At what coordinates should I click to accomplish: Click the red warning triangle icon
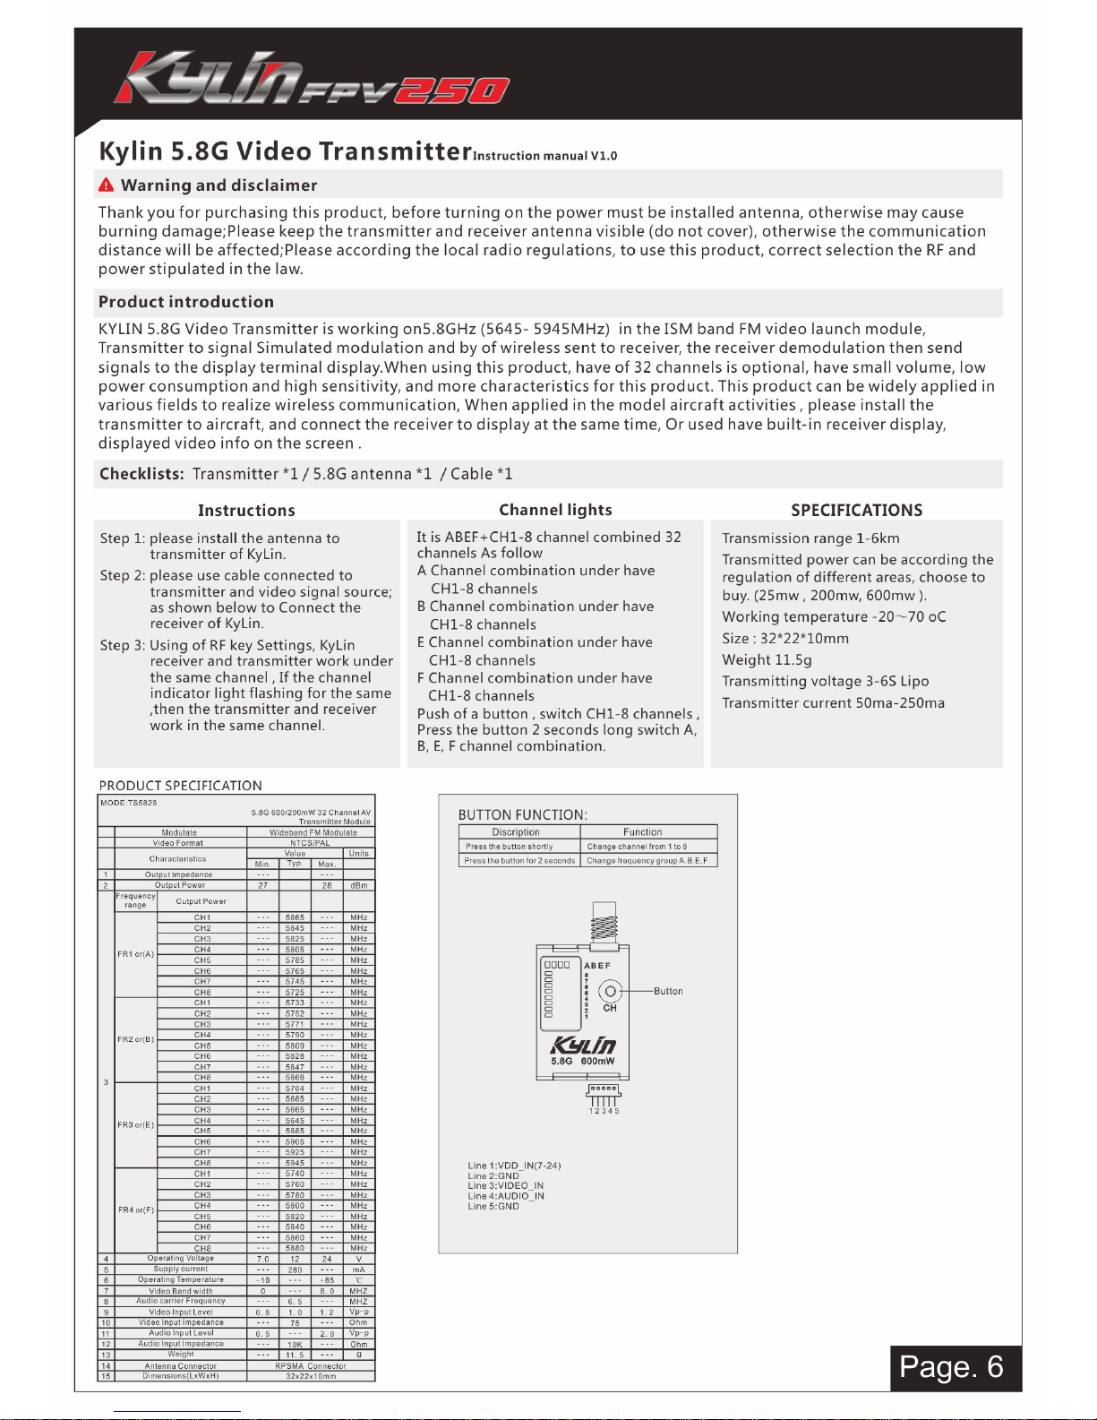[x=107, y=185]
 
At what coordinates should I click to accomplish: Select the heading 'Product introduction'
[x=186, y=302]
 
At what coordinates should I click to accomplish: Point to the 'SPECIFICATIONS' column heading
[x=856, y=511]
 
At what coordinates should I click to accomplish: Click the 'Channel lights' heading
[x=555, y=510]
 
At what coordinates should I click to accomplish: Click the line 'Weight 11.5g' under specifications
[x=767, y=660]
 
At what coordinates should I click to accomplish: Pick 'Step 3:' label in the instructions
[x=123, y=645]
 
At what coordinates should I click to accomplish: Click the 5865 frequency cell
[x=295, y=917]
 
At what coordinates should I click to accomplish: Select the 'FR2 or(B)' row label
[x=136, y=1039]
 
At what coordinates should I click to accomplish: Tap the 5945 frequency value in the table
[x=295, y=1163]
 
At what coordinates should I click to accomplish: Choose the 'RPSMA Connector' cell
[x=310, y=1366]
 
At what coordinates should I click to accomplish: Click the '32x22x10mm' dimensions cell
[x=310, y=1376]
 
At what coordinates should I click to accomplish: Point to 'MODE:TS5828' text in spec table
[x=129, y=803]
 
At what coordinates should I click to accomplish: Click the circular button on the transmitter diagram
[x=611, y=991]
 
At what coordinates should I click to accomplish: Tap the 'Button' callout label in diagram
[x=668, y=992]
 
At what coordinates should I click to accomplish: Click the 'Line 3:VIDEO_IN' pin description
[x=505, y=1186]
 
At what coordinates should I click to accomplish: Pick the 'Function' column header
[x=642, y=832]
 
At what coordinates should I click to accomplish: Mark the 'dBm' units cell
[x=359, y=885]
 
